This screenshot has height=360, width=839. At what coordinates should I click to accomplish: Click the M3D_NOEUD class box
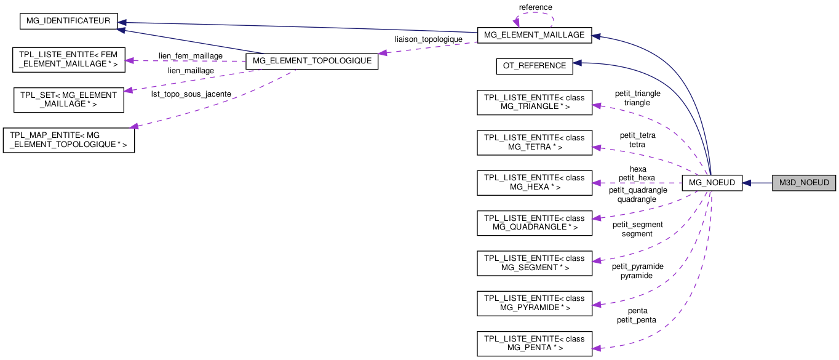click(804, 183)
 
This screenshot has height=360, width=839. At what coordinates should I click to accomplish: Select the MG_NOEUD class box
click(712, 183)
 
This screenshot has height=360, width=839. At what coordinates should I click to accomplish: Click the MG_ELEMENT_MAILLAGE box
click(535, 35)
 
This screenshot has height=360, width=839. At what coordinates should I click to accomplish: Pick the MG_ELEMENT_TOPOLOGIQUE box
click(311, 61)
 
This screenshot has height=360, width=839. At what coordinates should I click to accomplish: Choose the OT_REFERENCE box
click(534, 66)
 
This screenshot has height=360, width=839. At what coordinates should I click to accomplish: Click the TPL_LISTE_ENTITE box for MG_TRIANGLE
click(535, 102)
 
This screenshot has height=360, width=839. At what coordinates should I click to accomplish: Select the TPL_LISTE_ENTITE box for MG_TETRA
click(535, 142)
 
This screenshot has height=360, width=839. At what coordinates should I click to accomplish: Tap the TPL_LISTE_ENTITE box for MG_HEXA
click(535, 182)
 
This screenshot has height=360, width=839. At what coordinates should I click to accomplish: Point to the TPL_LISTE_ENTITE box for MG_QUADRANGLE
click(535, 223)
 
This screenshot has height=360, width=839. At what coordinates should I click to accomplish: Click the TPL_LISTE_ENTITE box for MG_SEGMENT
click(535, 263)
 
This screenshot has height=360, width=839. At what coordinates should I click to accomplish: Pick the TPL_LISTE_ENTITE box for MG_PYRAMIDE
click(535, 303)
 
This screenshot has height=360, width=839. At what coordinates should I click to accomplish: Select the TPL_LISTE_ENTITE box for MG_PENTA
click(535, 343)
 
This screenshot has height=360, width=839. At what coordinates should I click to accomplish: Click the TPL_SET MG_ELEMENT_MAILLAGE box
click(69, 100)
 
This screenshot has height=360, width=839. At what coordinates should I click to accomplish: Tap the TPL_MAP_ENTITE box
click(69, 140)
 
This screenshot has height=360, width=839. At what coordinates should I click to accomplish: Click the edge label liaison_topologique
click(428, 39)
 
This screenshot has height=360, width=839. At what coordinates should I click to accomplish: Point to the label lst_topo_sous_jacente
click(191, 94)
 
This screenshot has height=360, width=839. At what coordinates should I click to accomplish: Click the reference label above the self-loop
click(535, 7)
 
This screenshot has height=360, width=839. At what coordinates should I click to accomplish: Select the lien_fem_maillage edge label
click(191, 56)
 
